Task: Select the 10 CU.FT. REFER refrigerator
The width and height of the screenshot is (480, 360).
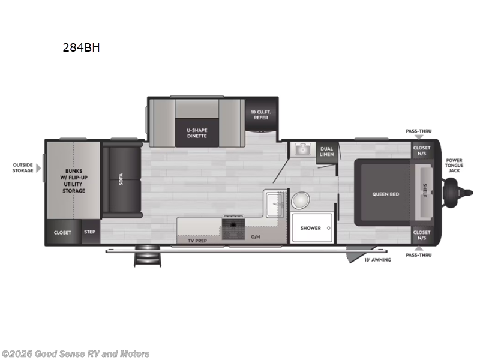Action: tap(260, 114)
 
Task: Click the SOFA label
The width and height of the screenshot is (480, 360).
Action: tap(121, 179)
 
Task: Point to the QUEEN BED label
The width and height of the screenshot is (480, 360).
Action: tap(385, 194)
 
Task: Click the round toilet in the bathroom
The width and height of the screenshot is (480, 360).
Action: tap(301, 200)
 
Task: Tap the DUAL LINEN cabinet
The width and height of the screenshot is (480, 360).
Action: tap(326, 151)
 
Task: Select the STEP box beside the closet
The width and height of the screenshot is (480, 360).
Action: tap(90, 232)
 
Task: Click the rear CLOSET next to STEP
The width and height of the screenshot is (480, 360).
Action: tap(62, 232)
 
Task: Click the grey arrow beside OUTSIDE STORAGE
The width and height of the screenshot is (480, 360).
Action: tap(39, 167)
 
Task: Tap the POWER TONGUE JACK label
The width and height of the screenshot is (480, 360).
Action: tap(454, 165)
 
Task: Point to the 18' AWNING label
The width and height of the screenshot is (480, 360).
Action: tap(377, 260)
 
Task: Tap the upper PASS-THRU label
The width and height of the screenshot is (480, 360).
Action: tap(418, 131)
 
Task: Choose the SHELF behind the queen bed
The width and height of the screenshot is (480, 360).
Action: tap(424, 190)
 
